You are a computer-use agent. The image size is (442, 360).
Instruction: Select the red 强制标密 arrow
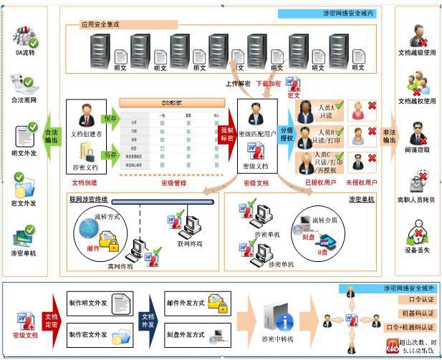coord(227,134)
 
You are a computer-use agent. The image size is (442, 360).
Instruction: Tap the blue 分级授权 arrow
coord(287,135)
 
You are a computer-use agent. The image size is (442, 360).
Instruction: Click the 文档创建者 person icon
coord(86,115)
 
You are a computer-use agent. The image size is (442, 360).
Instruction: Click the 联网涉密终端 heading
coord(88,198)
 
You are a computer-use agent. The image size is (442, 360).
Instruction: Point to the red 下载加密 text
coord(269,84)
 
